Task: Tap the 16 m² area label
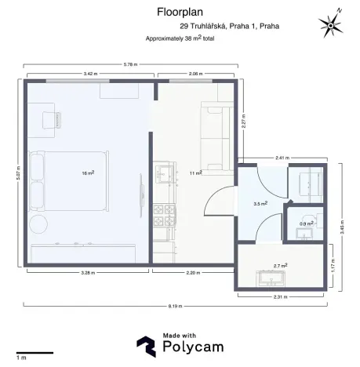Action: click(89, 173)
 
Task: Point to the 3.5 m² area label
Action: click(260, 203)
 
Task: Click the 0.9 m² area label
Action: click(304, 224)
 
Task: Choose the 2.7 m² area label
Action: click(279, 266)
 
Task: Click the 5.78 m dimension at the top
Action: click(129, 64)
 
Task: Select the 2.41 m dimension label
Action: click(282, 157)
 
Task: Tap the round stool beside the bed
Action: click(38, 226)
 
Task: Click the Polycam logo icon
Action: click(145, 345)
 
